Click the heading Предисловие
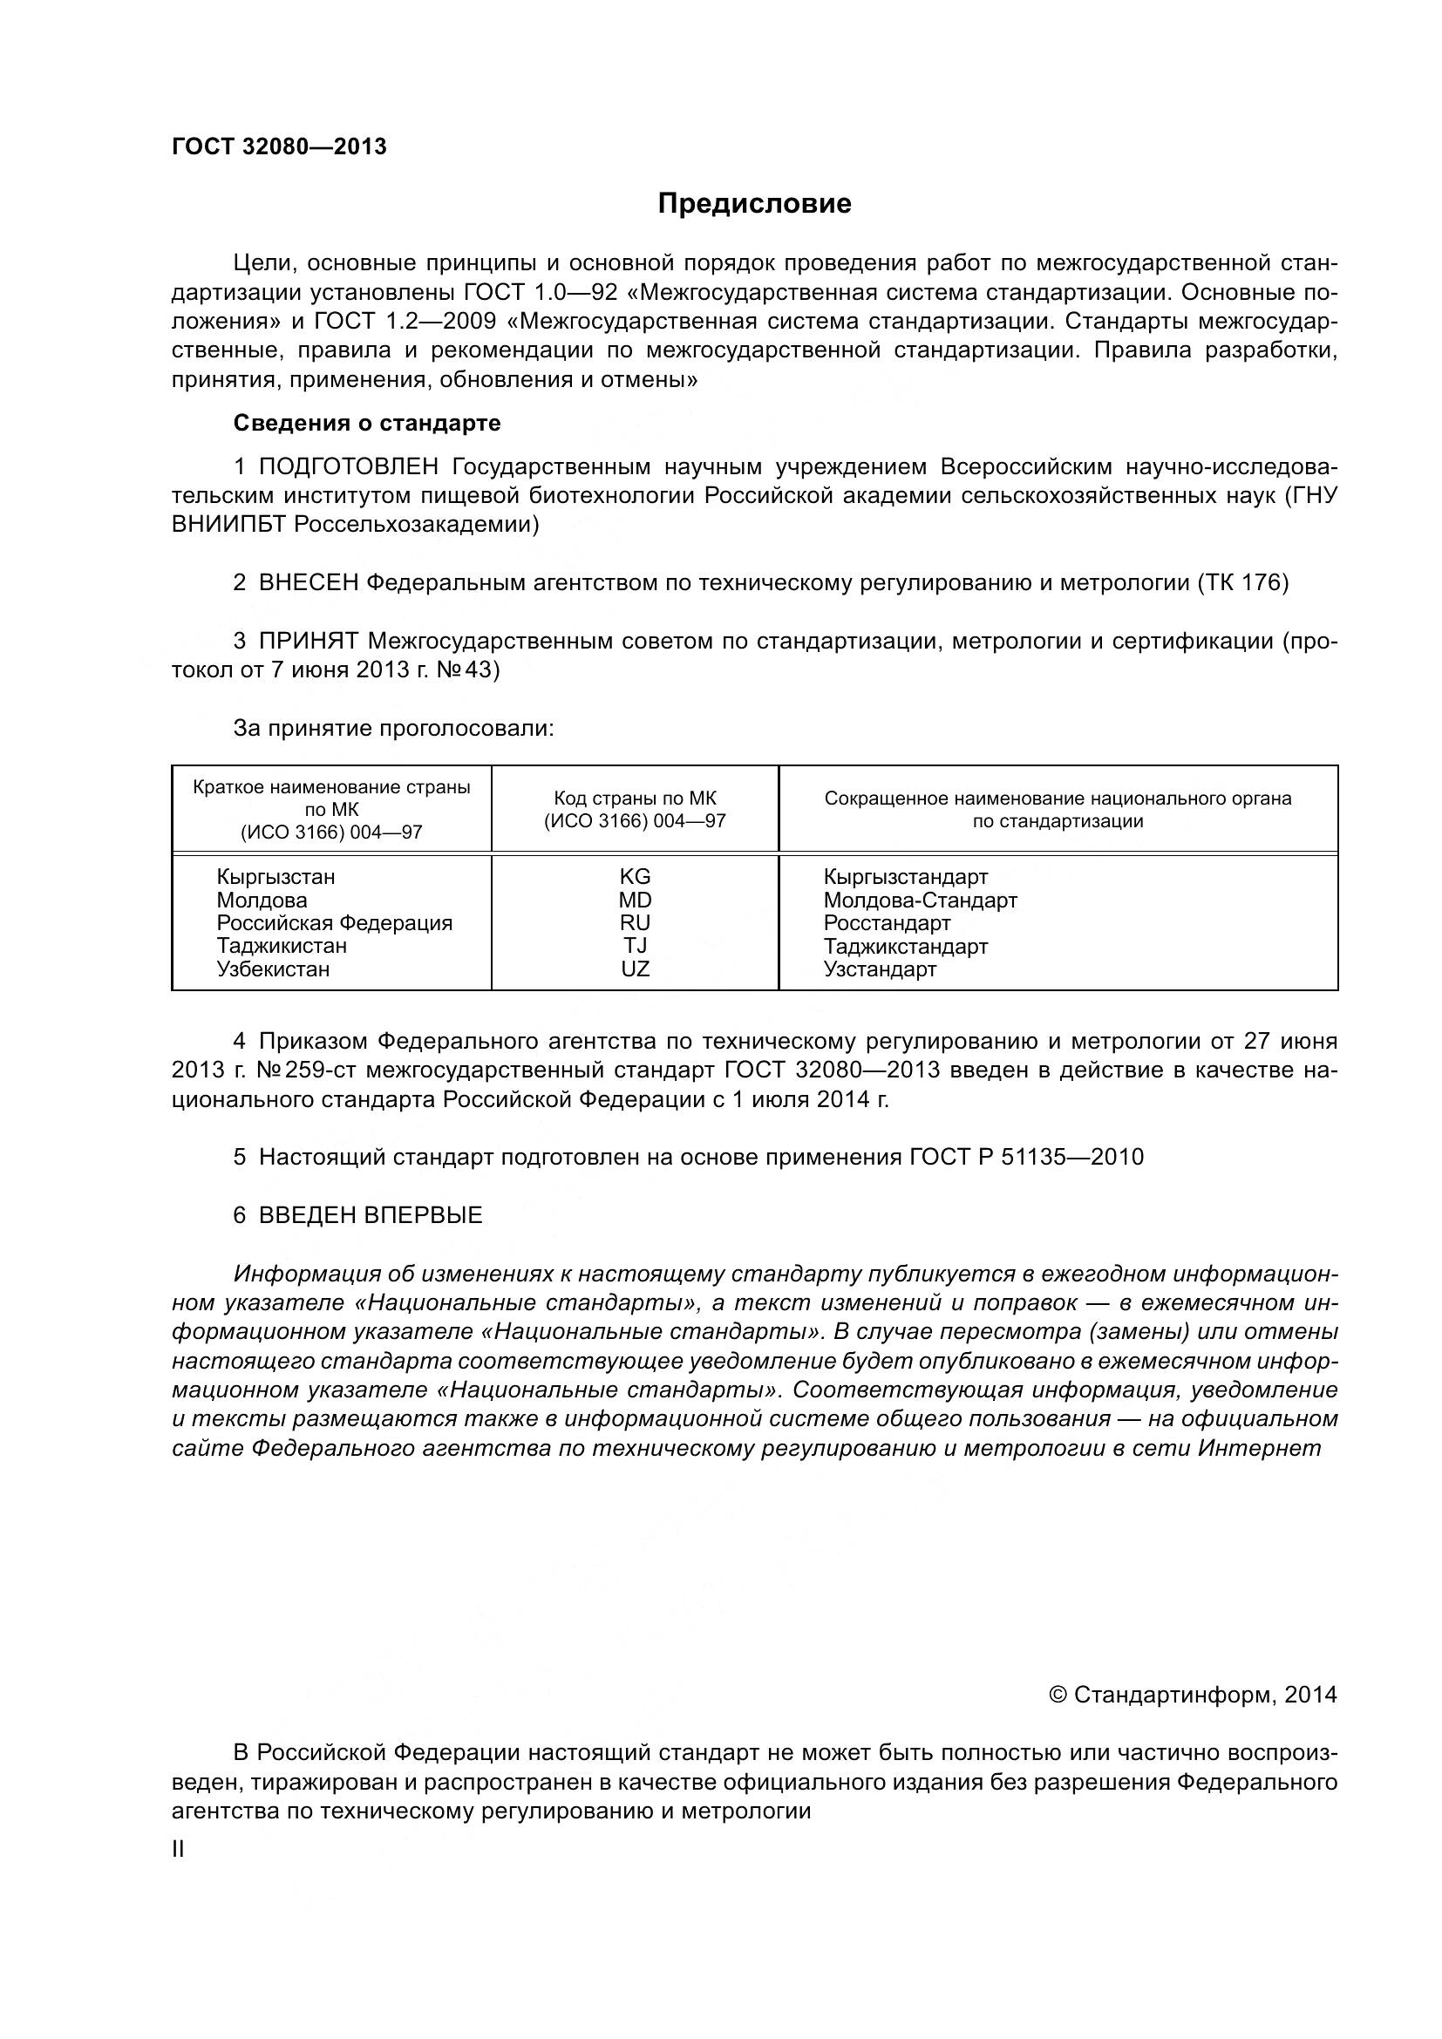click(x=754, y=204)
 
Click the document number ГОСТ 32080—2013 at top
click(x=280, y=147)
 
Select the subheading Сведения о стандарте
click(x=367, y=424)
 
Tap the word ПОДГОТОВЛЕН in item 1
click(x=349, y=467)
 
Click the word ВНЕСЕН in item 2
click(x=309, y=583)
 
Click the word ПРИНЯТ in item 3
click(x=309, y=642)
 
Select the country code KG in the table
click(x=635, y=878)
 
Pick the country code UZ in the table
click(x=635, y=969)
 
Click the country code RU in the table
click(x=635, y=923)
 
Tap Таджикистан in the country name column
click(x=282, y=947)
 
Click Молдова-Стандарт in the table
click(x=920, y=901)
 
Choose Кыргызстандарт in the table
click(x=906, y=878)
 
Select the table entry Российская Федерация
click(x=335, y=923)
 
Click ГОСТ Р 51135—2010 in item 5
click(x=1026, y=1157)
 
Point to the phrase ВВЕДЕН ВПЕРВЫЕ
click(x=371, y=1216)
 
